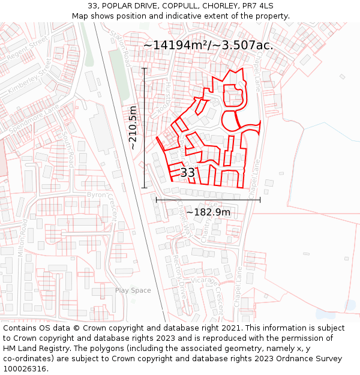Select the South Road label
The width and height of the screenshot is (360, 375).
pyautogui.click(x=68, y=150)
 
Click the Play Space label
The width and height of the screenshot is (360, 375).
pyautogui.click(x=133, y=290)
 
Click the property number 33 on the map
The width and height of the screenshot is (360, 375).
pyautogui.click(x=188, y=173)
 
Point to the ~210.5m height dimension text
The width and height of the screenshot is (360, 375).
pyautogui.click(x=133, y=127)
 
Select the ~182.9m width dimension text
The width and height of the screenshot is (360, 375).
pyautogui.click(x=208, y=212)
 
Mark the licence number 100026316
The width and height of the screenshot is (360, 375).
pyautogui.click(x=25, y=368)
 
